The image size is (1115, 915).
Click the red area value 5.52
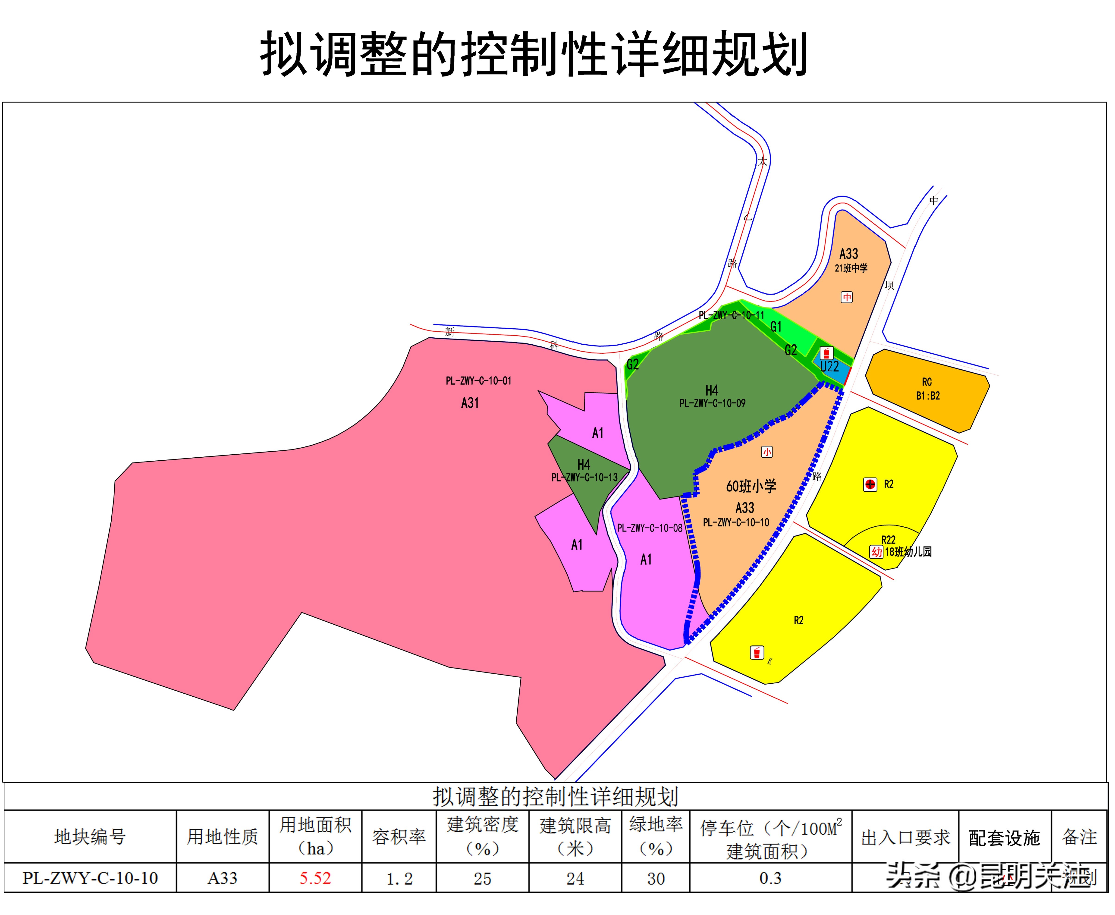tap(315, 878)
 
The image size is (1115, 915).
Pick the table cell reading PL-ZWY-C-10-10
tap(90, 878)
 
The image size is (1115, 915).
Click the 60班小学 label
tap(751, 486)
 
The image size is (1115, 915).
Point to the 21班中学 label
tap(851, 268)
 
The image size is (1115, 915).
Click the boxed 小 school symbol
tap(767, 452)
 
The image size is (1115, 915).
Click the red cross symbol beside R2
tap(870, 484)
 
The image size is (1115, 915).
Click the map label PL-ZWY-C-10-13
tap(584, 478)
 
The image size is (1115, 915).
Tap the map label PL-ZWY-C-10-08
tap(650, 528)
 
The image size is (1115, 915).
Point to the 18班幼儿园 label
tap(908, 552)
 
